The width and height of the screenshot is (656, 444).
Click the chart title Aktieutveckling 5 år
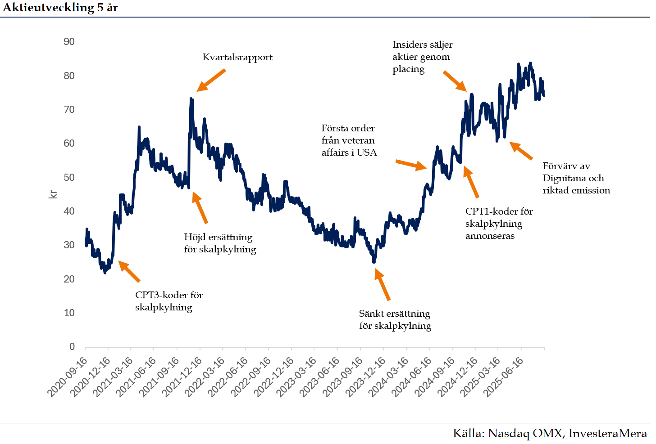pos(60,8)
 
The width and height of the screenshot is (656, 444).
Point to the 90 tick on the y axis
pos(69,42)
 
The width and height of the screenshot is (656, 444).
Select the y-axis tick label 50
pos(69,177)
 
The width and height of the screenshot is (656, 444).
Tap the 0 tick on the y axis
pos(72,346)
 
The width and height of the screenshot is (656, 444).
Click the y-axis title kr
pos(53,194)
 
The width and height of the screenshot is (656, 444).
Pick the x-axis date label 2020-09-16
pos(68,377)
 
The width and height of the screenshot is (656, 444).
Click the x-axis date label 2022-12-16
pos(274,377)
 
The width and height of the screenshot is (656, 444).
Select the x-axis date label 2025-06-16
pos(503,377)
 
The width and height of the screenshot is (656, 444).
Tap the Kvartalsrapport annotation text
pos(237,57)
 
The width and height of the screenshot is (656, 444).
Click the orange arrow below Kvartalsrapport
pos(211,81)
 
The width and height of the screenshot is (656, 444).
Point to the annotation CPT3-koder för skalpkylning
pos(169,301)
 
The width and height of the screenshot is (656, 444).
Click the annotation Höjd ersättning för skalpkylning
pos(220,243)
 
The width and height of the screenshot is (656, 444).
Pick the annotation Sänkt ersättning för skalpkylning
pos(395,319)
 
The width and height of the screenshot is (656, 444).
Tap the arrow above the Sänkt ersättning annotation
pos(382,284)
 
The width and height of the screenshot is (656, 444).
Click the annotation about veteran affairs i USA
pos(349,140)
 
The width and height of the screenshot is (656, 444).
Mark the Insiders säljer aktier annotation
pos(422,57)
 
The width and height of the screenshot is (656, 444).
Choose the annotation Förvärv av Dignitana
pos(576,178)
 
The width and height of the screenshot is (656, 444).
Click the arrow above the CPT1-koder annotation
pos(471,182)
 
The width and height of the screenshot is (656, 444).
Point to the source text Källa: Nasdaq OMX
pos(550,433)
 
